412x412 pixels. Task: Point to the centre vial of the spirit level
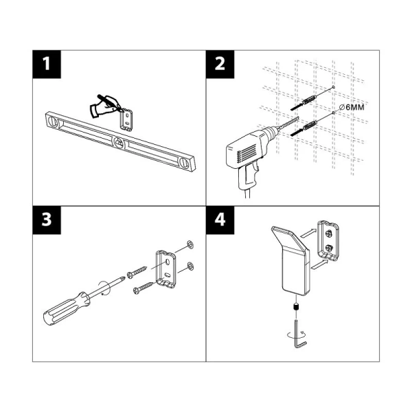click(x=119, y=143)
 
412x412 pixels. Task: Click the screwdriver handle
click(x=65, y=308)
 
